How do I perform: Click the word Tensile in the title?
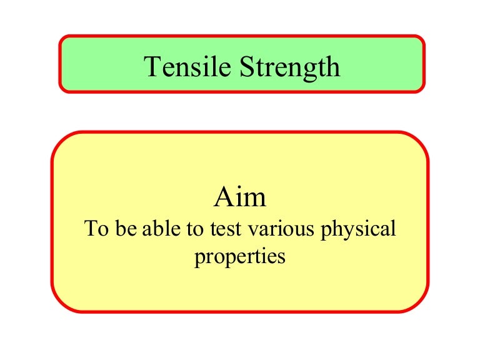coord(187,66)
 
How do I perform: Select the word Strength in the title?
coord(289,69)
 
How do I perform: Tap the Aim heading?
coord(240,197)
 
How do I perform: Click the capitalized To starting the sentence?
coord(96,228)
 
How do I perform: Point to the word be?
coord(126,228)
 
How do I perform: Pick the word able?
coord(161,228)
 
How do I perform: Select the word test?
coord(225,229)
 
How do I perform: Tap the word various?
coord(281,229)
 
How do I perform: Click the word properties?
coord(240,257)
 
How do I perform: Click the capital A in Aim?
coord(224,197)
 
